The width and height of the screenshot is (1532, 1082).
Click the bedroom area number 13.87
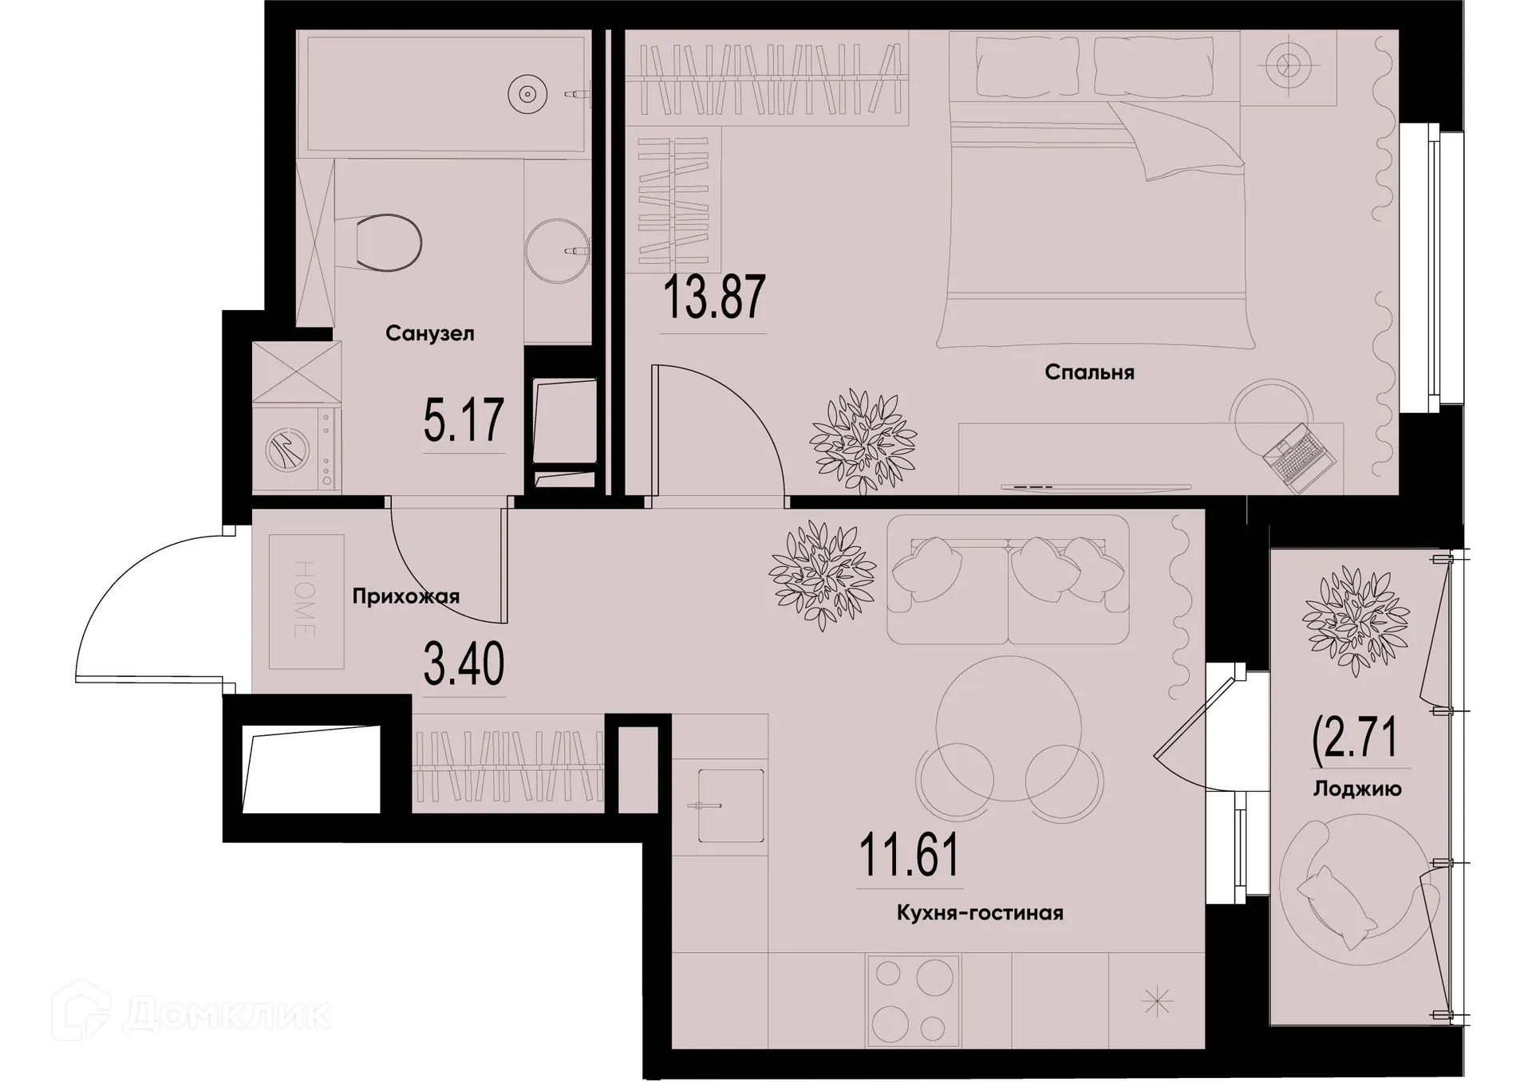pos(714,297)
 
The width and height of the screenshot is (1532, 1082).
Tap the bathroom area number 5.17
pos(464,421)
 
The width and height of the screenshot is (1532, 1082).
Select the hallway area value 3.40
pos(464,665)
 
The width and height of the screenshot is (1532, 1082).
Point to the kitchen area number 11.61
pos(909,855)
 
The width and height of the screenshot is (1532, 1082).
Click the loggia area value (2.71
pos(1356,738)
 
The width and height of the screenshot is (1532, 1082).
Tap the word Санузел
pos(429,333)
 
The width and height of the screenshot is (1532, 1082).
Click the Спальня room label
pos(1089,372)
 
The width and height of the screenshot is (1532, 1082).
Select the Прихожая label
pos(405,596)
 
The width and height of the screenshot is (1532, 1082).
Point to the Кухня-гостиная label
pos(980,913)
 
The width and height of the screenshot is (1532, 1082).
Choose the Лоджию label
pos(1357,789)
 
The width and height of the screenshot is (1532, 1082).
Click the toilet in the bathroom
pos(383,242)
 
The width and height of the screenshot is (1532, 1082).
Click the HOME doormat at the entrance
pos(306,601)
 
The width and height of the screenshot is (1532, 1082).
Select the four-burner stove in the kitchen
pos(913,1000)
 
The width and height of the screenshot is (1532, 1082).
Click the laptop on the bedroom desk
pos(1299,457)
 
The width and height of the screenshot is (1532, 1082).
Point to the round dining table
pos(1009,728)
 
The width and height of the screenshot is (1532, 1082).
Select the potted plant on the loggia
pos(1355,620)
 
